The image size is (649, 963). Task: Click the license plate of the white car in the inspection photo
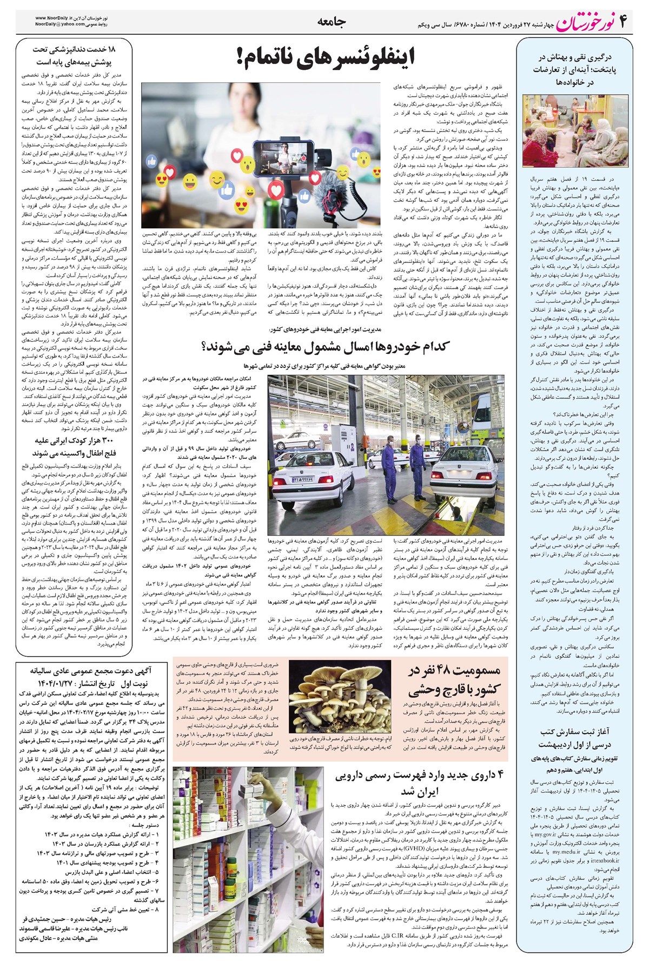point(304,479)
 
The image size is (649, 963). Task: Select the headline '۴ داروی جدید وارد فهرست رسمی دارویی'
point(419,782)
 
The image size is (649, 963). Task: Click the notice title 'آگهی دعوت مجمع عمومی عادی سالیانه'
point(91,669)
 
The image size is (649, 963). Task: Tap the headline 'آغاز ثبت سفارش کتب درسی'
point(578,737)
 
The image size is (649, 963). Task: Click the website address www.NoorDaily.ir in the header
point(59,17)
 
